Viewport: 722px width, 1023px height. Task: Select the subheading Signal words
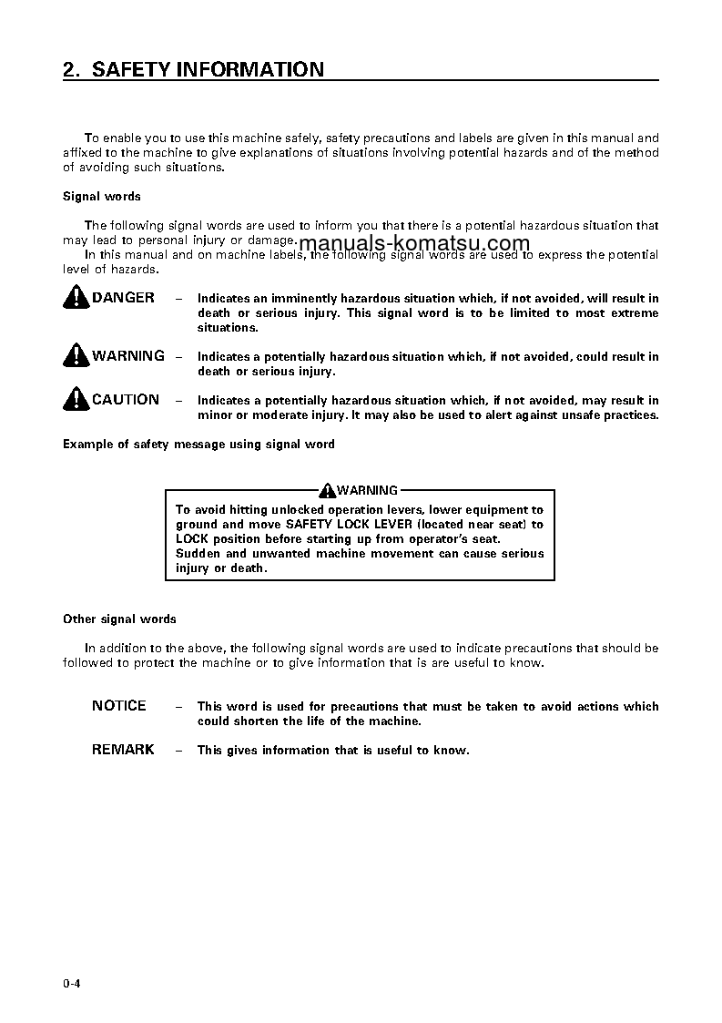pyautogui.click(x=101, y=196)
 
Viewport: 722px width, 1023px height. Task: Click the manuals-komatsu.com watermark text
pyautogui.click(x=413, y=243)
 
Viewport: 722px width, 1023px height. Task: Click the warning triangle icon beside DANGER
pyautogui.click(x=76, y=297)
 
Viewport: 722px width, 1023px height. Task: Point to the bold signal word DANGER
pyautogui.click(x=123, y=298)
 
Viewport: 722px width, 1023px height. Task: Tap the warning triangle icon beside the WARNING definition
pyautogui.click(x=76, y=355)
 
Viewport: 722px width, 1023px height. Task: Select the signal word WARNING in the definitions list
pyautogui.click(x=128, y=356)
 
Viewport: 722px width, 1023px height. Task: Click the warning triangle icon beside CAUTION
pyautogui.click(x=76, y=399)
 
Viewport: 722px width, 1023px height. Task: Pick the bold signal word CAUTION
pyautogui.click(x=126, y=400)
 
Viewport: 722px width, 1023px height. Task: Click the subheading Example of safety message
pyautogui.click(x=198, y=445)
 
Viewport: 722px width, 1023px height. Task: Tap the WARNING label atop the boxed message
pyautogui.click(x=367, y=490)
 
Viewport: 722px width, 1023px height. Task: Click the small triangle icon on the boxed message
pyautogui.click(x=328, y=490)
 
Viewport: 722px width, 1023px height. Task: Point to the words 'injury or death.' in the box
pyautogui.click(x=221, y=568)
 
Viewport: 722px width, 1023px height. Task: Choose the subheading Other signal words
pyautogui.click(x=119, y=619)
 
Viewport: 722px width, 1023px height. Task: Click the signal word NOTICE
pyautogui.click(x=118, y=706)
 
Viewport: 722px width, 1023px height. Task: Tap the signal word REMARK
pyautogui.click(x=123, y=750)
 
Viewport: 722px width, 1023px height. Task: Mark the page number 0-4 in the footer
pyautogui.click(x=72, y=983)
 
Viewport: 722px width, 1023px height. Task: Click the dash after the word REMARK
pyautogui.click(x=178, y=751)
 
